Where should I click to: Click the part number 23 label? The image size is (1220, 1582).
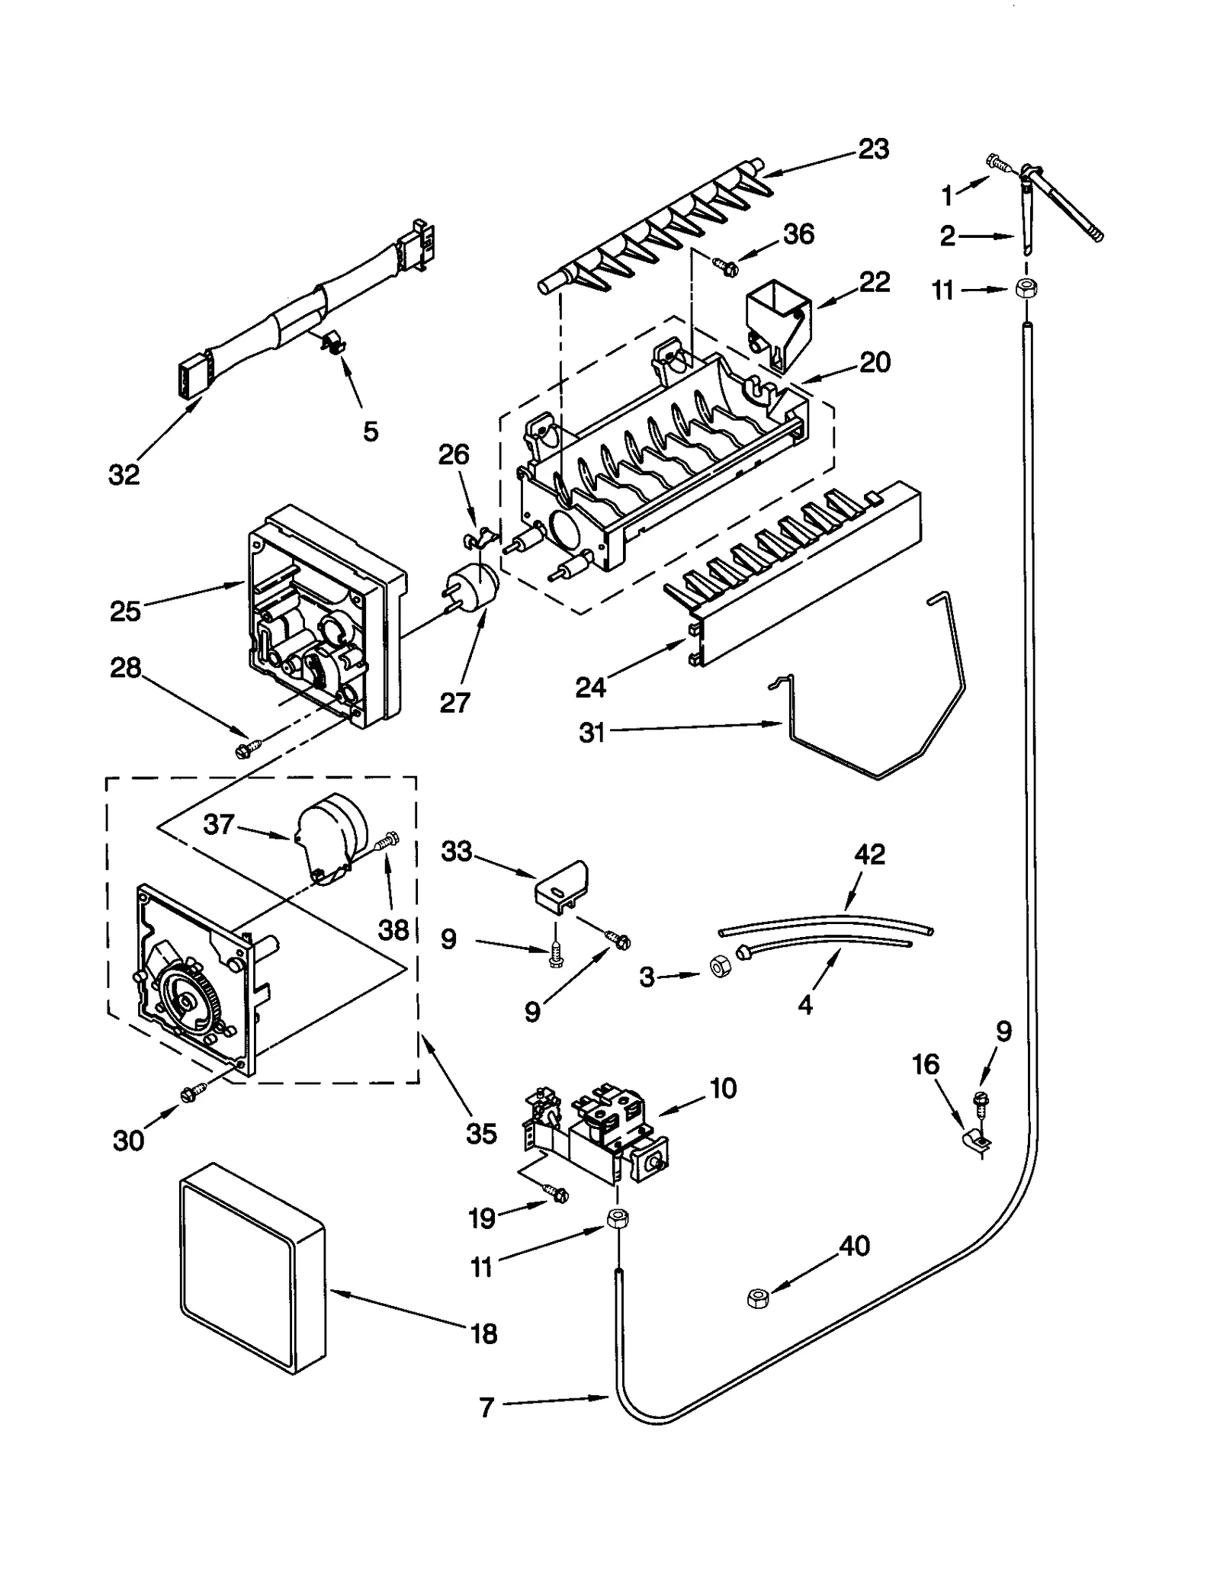click(x=873, y=149)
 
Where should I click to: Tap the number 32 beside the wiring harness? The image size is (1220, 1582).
click(x=124, y=474)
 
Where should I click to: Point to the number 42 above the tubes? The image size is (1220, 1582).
click(x=870, y=854)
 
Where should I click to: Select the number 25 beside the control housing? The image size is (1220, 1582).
click(x=125, y=611)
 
